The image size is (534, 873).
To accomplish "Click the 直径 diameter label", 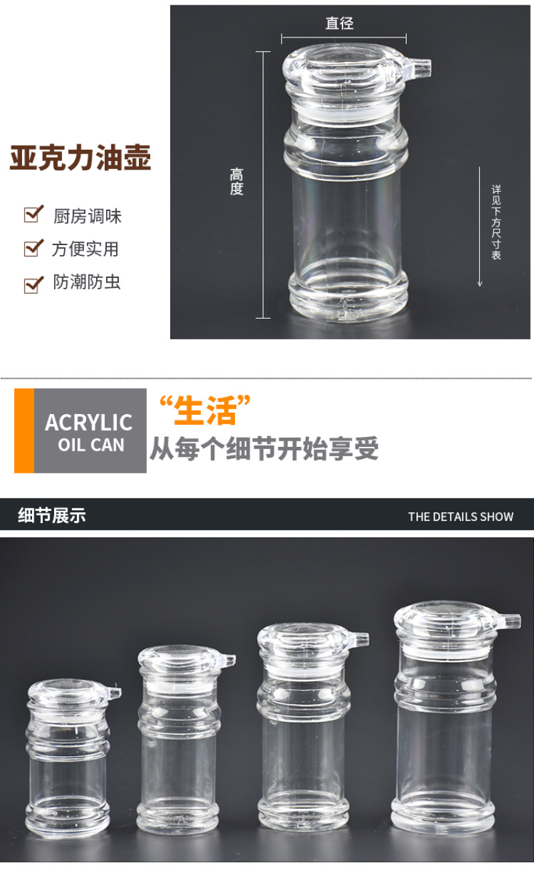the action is (x=339, y=23).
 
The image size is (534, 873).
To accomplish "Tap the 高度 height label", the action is (x=236, y=182).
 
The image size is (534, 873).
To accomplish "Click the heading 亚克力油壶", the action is (x=80, y=158).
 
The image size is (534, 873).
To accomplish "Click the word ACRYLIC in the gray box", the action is (x=89, y=422).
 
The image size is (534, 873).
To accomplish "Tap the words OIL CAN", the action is (x=91, y=445).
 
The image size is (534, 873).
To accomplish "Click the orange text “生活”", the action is (x=205, y=410).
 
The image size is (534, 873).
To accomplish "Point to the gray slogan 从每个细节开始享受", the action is (x=264, y=449).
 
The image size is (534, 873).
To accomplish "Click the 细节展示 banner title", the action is (x=52, y=516).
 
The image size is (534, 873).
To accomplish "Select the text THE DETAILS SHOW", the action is (x=461, y=517).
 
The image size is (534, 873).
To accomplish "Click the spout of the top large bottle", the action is (x=419, y=68).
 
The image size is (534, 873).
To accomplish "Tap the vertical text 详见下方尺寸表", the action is (x=496, y=222).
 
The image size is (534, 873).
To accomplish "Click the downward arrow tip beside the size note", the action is (x=480, y=286).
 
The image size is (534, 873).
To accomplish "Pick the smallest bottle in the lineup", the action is (x=68, y=759).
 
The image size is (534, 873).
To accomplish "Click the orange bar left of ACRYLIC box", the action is (x=24, y=431).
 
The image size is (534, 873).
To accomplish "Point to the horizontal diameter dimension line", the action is (x=344, y=39).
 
